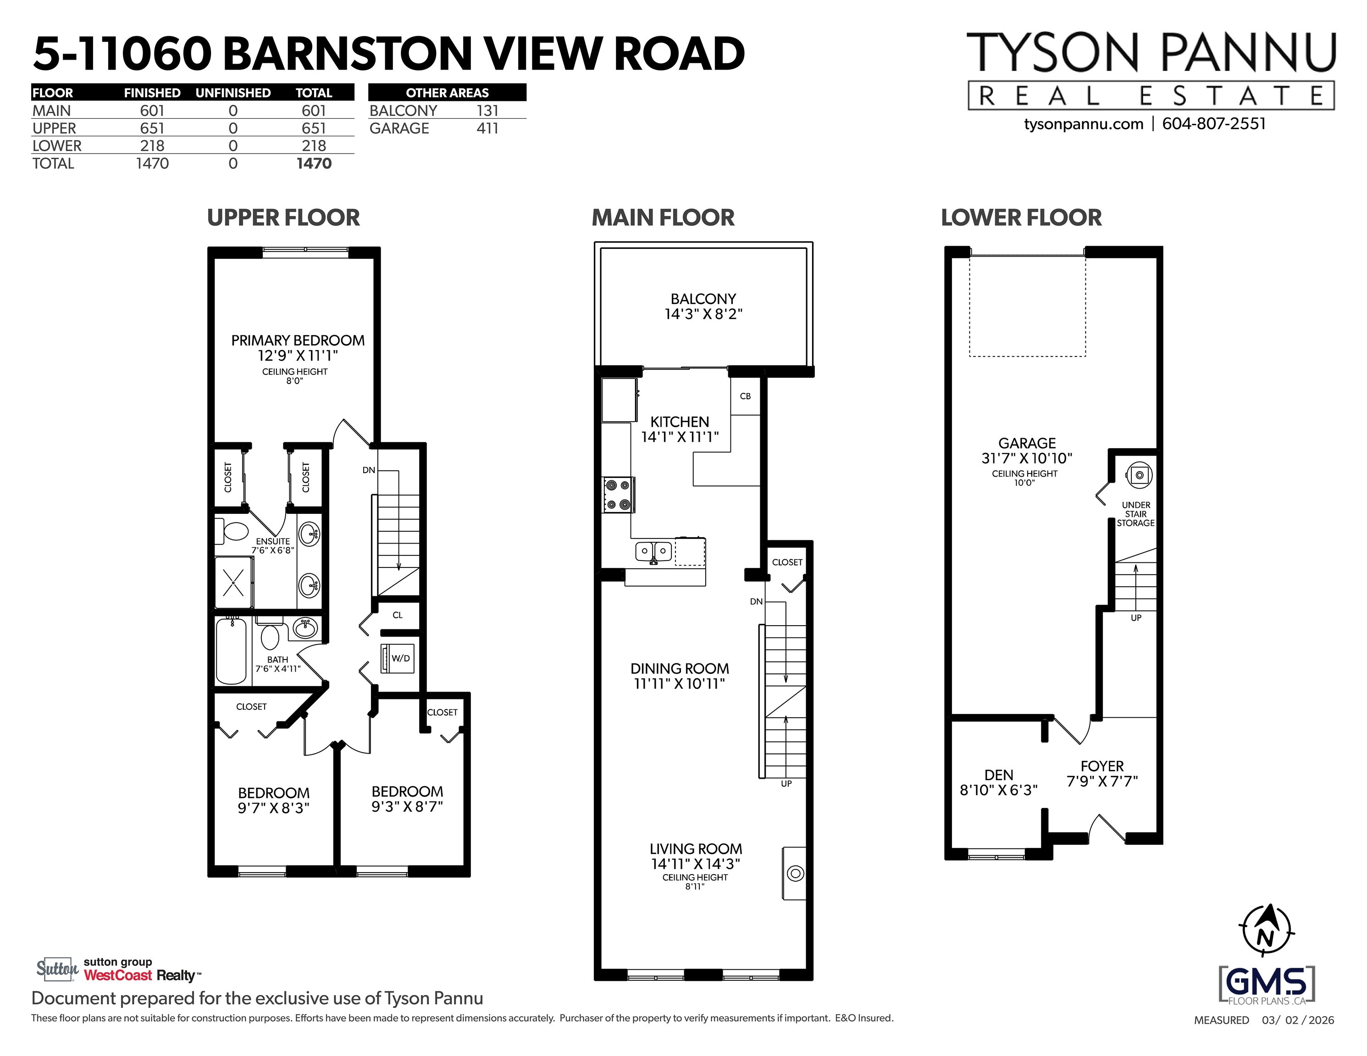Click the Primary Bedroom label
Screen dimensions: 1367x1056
298,341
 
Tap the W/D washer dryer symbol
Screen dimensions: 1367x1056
398,658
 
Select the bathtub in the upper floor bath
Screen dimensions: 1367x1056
232,651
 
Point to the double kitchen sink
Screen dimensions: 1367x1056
653,551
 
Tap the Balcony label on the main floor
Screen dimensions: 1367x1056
703,299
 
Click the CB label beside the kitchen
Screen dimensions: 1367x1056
745,396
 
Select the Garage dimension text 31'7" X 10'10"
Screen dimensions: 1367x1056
1026,458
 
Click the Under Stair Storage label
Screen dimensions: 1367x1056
1135,514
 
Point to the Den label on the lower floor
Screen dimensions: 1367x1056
998,775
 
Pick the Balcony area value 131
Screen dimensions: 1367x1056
487,111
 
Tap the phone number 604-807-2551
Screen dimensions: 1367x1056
1214,124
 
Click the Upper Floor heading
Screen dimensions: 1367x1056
283,218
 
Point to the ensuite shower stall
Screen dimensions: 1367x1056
234,583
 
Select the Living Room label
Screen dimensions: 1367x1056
695,849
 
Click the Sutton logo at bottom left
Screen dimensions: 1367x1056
57,969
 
